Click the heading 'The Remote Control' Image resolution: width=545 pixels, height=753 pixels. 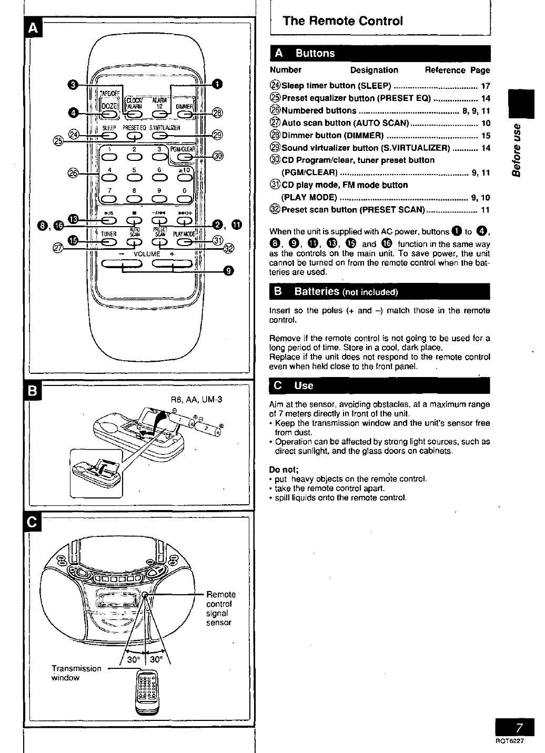coord(342,21)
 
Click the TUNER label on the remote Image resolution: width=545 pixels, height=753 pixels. coord(108,234)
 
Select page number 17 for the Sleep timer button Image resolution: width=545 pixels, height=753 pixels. coord(486,86)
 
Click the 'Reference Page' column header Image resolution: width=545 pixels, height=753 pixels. coord(457,70)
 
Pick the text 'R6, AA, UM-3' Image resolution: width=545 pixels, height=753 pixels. coord(197,399)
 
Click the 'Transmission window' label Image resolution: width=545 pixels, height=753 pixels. coord(76,673)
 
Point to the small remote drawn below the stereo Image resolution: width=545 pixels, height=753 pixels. coord(144,692)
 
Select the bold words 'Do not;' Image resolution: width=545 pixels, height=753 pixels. coord(284,470)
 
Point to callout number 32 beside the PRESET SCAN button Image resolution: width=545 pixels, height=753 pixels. coord(229,248)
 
